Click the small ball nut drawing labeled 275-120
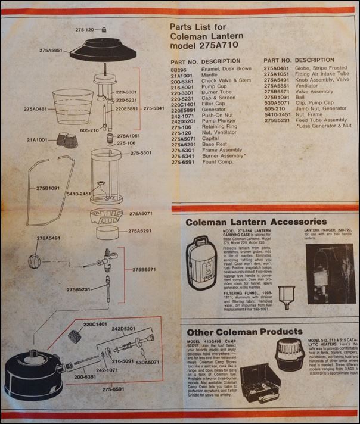(x=103, y=29)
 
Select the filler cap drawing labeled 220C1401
(x=75, y=336)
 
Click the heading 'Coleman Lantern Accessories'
(x=252, y=222)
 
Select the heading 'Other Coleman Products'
(x=243, y=331)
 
